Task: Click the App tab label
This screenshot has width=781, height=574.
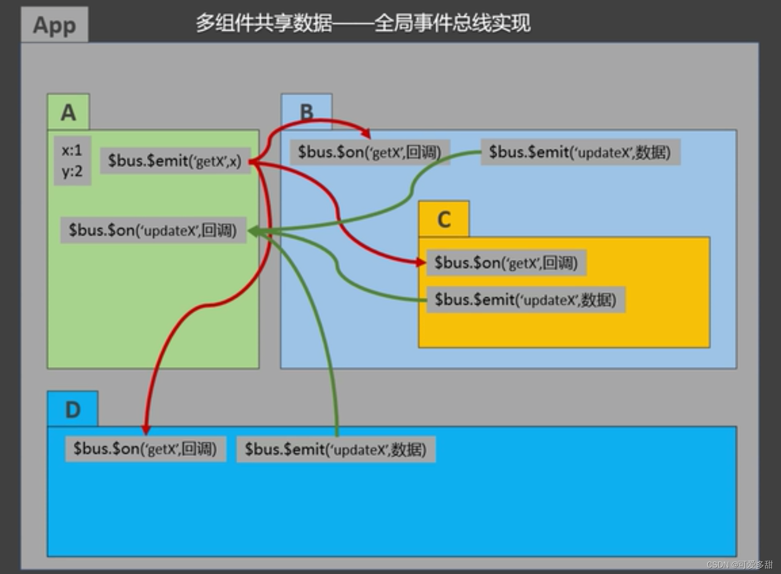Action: (54, 25)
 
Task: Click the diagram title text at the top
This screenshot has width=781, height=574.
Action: (363, 23)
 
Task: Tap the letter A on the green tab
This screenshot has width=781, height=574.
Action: (68, 113)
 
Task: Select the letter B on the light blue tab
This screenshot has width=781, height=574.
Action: (307, 113)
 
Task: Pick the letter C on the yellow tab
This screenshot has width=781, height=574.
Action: (444, 219)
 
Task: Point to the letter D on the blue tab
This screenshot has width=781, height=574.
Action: (73, 410)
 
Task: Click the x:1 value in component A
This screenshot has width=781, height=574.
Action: (72, 151)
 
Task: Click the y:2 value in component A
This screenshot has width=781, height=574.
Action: (72, 171)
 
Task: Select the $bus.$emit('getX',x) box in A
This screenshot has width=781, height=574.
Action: (175, 161)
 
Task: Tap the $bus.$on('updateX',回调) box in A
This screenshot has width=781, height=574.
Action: (153, 230)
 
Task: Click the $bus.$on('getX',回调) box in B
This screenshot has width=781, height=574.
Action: (370, 152)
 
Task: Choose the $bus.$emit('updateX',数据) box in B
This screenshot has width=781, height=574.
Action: (580, 152)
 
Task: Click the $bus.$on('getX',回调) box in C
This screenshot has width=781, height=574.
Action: (506, 263)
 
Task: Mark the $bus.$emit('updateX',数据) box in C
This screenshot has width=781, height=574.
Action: (525, 300)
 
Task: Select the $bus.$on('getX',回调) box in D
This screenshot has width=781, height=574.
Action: (145, 449)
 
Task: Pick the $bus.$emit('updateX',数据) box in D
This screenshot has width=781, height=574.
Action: (336, 450)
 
